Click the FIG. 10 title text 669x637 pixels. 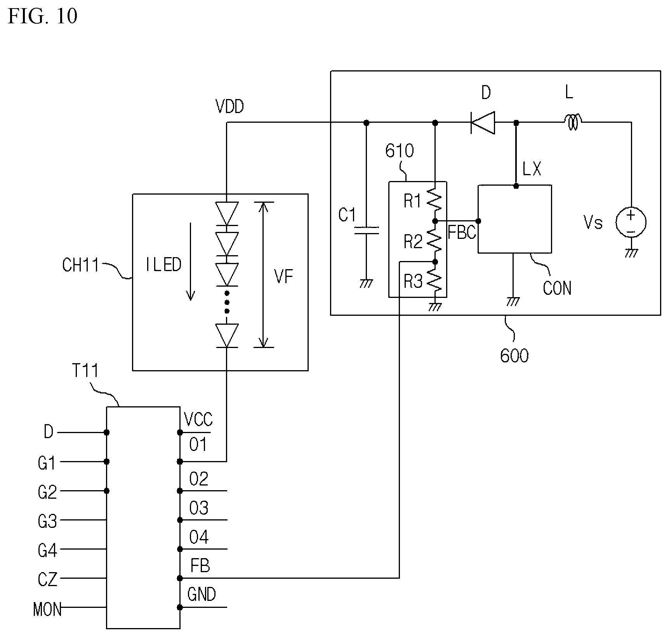(x=42, y=16)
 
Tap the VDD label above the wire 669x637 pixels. (x=230, y=106)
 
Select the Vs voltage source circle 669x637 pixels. (x=631, y=223)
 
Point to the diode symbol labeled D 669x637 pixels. (x=483, y=123)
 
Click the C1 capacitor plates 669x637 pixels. (x=366, y=231)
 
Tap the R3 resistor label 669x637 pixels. (x=413, y=282)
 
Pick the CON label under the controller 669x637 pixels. (x=557, y=288)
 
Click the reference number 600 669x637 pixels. (x=514, y=356)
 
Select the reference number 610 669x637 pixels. (x=400, y=151)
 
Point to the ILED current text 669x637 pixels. (x=163, y=265)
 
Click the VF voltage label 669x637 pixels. (x=283, y=277)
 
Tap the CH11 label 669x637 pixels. (x=81, y=265)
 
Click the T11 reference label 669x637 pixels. (x=85, y=371)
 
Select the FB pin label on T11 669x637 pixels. (x=200, y=566)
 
